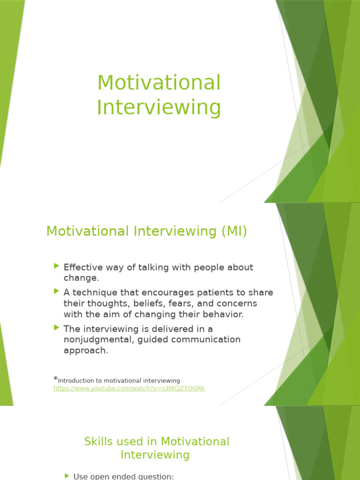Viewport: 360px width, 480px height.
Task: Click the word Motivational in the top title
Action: pyautogui.click(x=158, y=83)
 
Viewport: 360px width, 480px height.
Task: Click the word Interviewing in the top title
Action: pyautogui.click(x=158, y=107)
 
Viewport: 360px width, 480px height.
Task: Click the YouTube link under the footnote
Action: pyautogui.click(x=129, y=388)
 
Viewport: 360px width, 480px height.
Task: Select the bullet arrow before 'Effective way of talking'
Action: pyautogui.click(x=57, y=266)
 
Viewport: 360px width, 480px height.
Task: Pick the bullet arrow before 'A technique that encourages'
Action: pyautogui.click(x=57, y=292)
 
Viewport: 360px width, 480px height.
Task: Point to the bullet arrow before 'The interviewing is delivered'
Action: pyautogui.click(x=57, y=327)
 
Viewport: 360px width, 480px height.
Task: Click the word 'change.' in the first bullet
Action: pyautogui.click(x=82, y=278)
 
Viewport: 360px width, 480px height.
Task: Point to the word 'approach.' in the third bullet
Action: pyautogui.click(x=86, y=351)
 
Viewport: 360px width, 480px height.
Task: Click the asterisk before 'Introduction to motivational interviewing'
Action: pyautogui.click(x=55, y=379)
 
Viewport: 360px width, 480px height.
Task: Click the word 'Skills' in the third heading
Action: pyautogui.click(x=97, y=442)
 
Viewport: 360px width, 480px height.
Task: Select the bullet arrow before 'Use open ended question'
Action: pyautogui.click(x=67, y=476)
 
